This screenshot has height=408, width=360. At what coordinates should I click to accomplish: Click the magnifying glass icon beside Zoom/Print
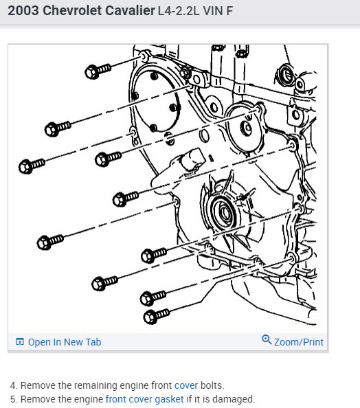[x=267, y=339]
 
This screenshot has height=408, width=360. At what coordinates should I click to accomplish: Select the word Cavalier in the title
[x=130, y=11]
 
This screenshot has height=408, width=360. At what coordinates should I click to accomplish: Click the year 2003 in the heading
[x=23, y=11]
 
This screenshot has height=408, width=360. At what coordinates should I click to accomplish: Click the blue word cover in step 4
[x=186, y=385]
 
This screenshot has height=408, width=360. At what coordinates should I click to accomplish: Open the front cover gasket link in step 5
[x=144, y=399]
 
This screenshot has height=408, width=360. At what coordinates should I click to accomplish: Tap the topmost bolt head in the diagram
[x=91, y=72]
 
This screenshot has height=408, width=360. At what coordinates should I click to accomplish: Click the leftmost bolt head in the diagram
[x=25, y=166]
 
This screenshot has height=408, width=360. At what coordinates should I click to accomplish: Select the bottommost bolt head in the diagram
[x=150, y=317]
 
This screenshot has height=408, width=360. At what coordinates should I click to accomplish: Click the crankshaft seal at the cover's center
[x=224, y=212]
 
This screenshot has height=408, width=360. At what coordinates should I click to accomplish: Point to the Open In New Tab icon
[x=20, y=341]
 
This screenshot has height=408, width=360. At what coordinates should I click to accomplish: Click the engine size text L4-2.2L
[x=179, y=11]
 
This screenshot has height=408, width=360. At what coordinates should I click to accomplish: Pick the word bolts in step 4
[x=212, y=385]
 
